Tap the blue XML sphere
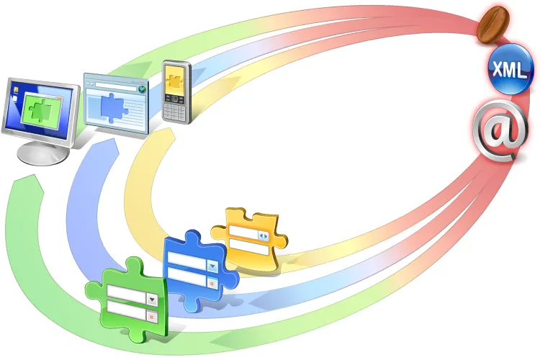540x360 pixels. click(x=510, y=69)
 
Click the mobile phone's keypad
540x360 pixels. click(x=174, y=110)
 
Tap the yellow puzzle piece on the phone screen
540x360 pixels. click(x=176, y=81)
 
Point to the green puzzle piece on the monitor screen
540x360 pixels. click(x=41, y=110)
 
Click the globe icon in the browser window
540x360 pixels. click(x=142, y=89)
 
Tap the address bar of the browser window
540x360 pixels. click(x=116, y=86)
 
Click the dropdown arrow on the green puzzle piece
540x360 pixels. click(x=152, y=300)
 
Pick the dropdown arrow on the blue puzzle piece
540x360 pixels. click(x=213, y=266)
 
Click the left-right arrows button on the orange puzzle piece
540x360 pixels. click(x=264, y=236)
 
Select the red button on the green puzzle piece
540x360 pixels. click(x=152, y=316)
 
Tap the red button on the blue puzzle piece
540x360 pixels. click(x=212, y=283)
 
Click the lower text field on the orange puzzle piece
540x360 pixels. click(x=249, y=248)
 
